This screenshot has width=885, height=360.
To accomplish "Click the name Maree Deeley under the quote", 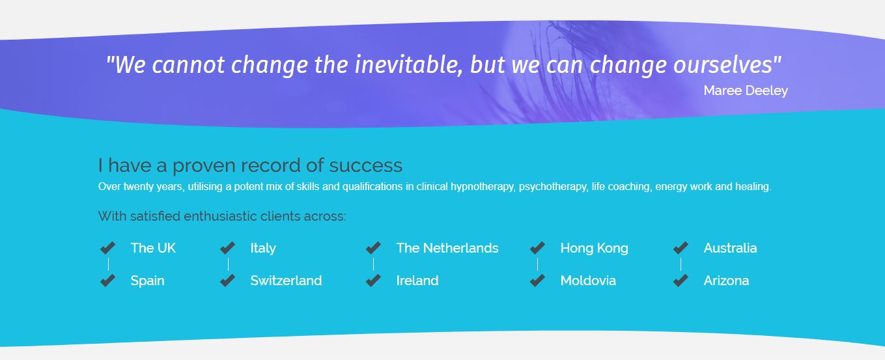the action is tap(746, 91).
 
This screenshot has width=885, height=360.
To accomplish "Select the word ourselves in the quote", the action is tap(723, 65).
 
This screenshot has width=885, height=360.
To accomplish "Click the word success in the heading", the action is tap(365, 165).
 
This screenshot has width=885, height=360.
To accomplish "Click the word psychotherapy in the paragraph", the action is tap(553, 187).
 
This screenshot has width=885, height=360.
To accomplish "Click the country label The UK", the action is tap(153, 248).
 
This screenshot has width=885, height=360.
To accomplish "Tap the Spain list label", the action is tap(147, 281).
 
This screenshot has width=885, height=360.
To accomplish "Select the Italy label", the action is tap(263, 248).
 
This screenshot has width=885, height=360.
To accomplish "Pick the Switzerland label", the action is tap(286, 281).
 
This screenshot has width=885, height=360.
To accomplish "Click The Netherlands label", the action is tap(447, 248).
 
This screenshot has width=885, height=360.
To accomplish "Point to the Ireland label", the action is tap(417, 281).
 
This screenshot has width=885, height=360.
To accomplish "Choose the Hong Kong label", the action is tap(594, 248).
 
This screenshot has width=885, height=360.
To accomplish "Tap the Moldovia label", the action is tap(588, 281).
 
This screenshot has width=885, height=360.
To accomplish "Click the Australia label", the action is tap(730, 248).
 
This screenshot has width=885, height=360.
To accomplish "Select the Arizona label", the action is tap(726, 281).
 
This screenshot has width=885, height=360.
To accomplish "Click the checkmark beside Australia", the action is tap(681, 248).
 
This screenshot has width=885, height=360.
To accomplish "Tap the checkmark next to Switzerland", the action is tap(227, 280).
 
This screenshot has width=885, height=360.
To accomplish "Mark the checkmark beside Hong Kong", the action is tap(537, 248).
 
